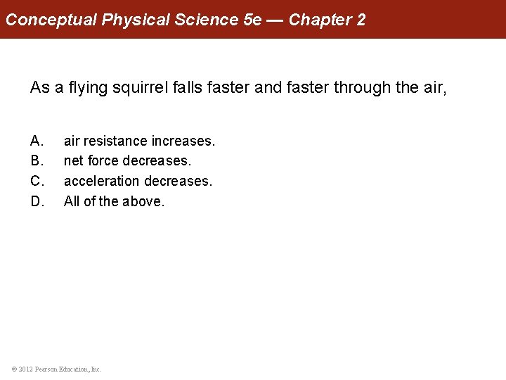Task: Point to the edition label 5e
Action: tap(252, 20)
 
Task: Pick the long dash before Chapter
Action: tap(275, 20)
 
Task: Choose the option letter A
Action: tap(36, 141)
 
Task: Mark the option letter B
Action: tap(36, 161)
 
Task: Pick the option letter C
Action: tap(36, 182)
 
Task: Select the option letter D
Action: tap(36, 202)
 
